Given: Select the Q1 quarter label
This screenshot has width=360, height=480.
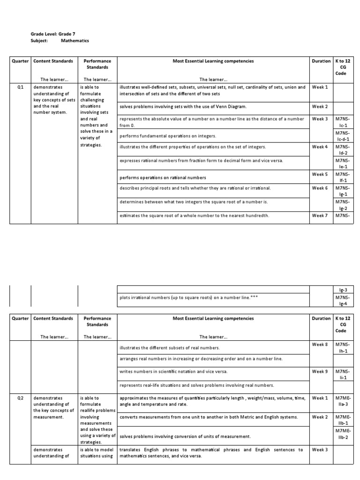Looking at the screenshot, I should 20,87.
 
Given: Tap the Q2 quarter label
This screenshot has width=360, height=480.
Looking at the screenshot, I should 20,398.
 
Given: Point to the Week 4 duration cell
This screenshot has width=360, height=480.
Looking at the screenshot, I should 320,147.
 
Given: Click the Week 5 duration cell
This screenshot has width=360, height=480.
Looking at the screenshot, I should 320,174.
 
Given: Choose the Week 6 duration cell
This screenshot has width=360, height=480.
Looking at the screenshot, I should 320,188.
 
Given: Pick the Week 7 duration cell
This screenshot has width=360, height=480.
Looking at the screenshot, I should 320,216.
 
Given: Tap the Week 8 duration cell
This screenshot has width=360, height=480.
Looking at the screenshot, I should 320,345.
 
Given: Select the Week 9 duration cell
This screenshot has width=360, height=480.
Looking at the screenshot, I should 320,371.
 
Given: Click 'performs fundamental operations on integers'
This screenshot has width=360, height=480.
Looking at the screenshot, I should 168,136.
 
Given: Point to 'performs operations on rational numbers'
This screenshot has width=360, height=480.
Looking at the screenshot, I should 163,178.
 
